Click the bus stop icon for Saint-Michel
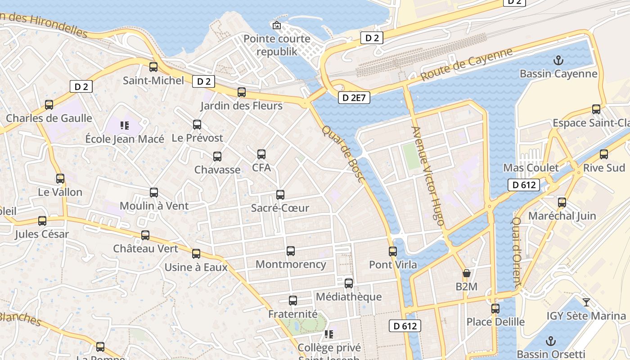coord(153,67)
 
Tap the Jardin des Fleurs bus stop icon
coord(242,92)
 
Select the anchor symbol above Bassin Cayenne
coord(558,60)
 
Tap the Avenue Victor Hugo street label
coord(428,176)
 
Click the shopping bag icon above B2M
coord(467,273)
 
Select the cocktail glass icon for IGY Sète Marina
coord(586,302)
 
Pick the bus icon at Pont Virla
coord(393,251)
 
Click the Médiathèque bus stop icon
coord(349,283)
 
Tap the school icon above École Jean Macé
coord(125,125)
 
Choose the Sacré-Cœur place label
coord(280,208)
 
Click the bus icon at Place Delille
coord(495,308)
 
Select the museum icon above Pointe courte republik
coord(277,25)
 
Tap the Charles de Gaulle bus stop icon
coord(49,105)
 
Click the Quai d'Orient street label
coord(517,252)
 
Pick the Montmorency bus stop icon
coord(291,251)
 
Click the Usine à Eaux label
coord(196,267)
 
